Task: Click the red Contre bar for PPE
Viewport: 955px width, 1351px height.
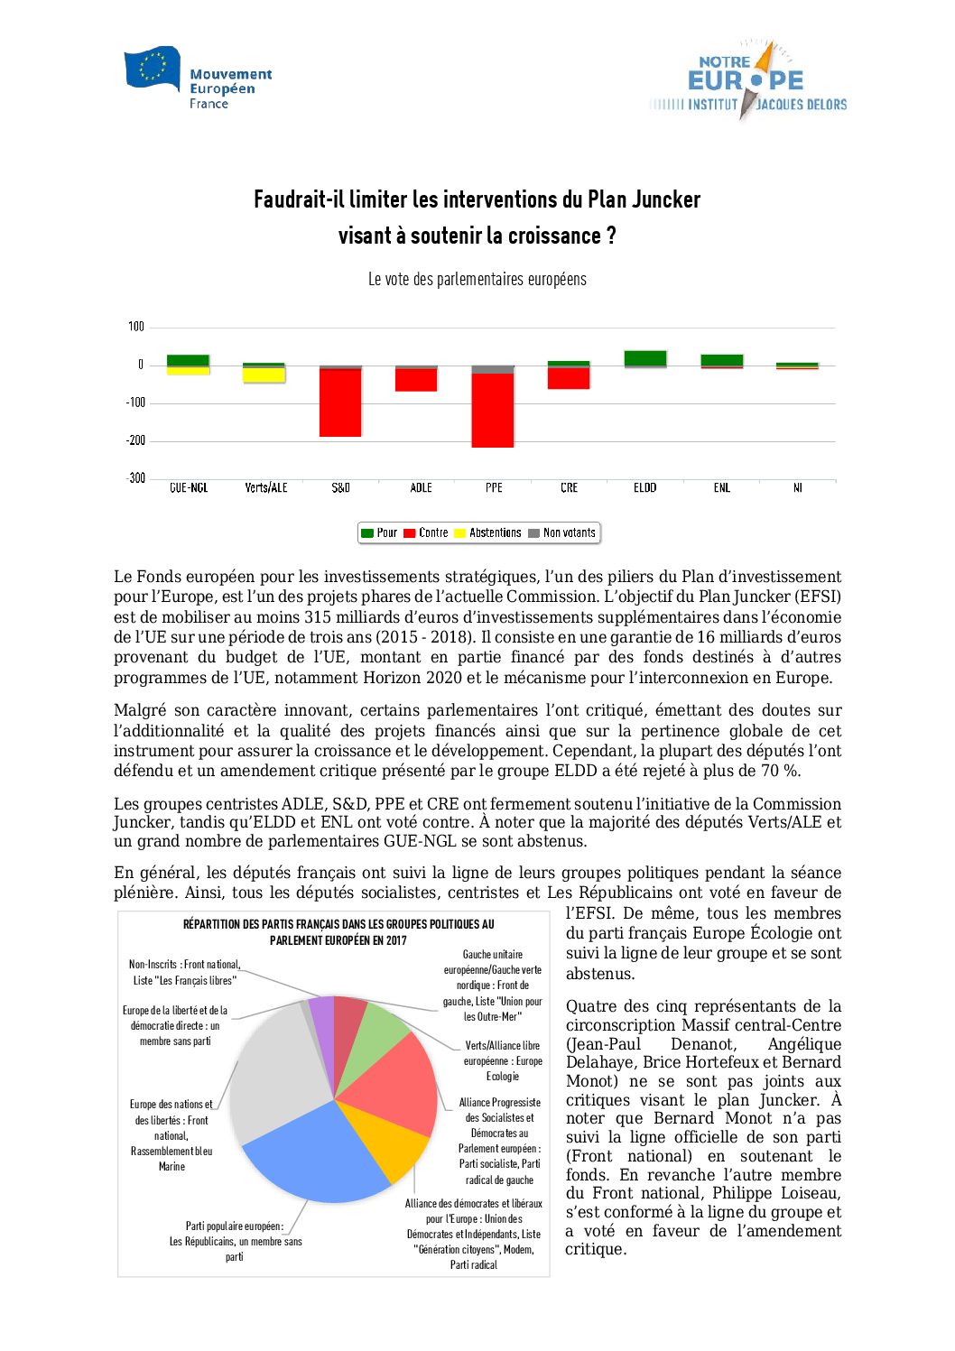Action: click(493, 410)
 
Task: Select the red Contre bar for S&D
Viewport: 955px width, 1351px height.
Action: click(340, 403)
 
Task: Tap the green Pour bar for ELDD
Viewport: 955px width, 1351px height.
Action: click(645, 358)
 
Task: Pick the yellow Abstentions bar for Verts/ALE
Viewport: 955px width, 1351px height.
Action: click(264, 375)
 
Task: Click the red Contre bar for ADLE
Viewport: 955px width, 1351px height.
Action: click(416, 380)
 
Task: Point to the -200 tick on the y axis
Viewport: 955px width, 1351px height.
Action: click(135, 440)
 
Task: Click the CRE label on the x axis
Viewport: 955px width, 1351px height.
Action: click(569, 487)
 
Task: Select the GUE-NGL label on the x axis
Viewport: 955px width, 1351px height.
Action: click(189, 487)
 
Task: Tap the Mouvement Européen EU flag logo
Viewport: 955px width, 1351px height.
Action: click(153, 69)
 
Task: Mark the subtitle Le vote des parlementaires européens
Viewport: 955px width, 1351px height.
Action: click(477, 279)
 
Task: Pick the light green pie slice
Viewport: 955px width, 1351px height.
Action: click(383, 1029)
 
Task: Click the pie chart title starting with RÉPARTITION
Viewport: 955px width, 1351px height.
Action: click(338, 932)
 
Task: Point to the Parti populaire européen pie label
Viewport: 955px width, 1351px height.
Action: click(235, 1241)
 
